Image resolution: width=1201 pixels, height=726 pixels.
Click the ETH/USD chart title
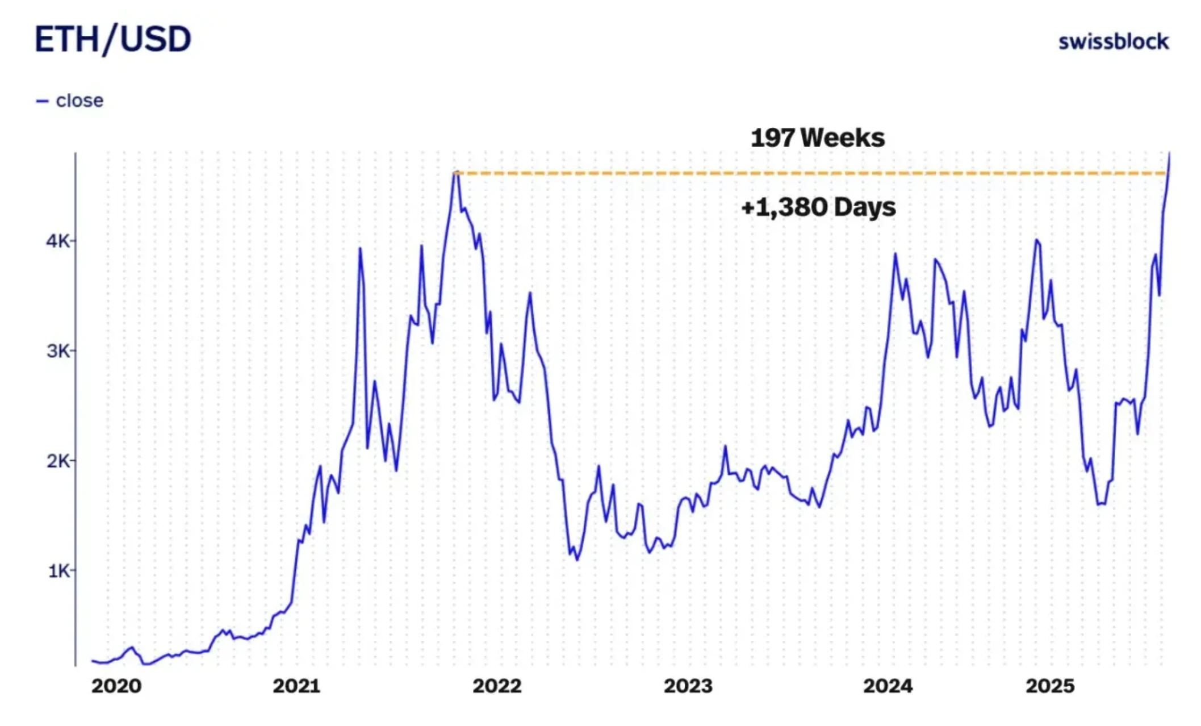112,39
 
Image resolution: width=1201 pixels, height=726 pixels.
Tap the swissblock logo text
1113,41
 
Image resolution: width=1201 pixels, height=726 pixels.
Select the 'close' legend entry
79,101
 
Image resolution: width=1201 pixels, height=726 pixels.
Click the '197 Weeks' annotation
817,138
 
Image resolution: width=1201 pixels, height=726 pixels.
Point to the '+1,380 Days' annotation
818,207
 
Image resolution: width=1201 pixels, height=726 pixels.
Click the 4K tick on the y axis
58,241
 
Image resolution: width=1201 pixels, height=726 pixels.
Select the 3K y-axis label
58,351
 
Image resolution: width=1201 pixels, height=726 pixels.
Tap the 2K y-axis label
58,461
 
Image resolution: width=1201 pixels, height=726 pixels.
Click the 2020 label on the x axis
116,686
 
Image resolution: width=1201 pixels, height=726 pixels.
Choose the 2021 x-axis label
296,686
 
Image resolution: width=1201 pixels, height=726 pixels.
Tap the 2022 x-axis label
497,686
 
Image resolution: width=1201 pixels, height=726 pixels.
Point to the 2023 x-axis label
688,686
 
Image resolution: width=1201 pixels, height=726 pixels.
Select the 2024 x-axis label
888,686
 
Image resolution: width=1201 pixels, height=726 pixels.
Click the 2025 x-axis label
1050,686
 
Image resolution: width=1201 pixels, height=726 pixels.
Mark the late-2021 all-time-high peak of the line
455,172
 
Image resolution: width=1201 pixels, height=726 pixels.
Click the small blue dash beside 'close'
42,101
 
